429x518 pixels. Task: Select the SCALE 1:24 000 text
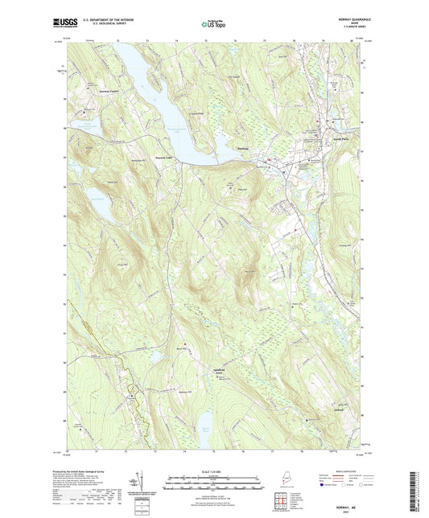click(x=214, y=471)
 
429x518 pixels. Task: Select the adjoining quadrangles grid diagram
click(x=279, y=504)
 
